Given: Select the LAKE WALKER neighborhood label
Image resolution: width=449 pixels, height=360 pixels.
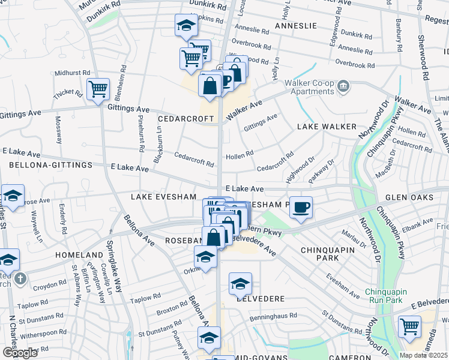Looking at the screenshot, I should (327, 127).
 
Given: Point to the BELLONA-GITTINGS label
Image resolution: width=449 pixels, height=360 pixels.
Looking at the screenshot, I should (47, 164).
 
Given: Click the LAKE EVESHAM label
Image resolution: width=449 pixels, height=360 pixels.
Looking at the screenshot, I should (164, 197).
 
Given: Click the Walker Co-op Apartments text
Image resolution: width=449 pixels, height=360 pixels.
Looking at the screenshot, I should (309, 87).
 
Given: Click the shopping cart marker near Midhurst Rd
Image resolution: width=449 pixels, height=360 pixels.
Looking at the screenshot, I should (98, 89).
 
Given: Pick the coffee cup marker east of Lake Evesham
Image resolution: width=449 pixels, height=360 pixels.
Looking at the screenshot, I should (301, 207).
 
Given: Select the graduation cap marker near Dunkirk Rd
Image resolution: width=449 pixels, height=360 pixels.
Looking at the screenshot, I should (186, 26).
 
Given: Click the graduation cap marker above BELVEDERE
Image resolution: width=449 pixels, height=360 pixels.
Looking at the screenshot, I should (240, 283).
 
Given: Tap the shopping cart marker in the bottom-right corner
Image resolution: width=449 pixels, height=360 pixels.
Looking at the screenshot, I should (409, 327).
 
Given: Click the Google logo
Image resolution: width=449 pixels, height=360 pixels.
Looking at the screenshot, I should (20, 352).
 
